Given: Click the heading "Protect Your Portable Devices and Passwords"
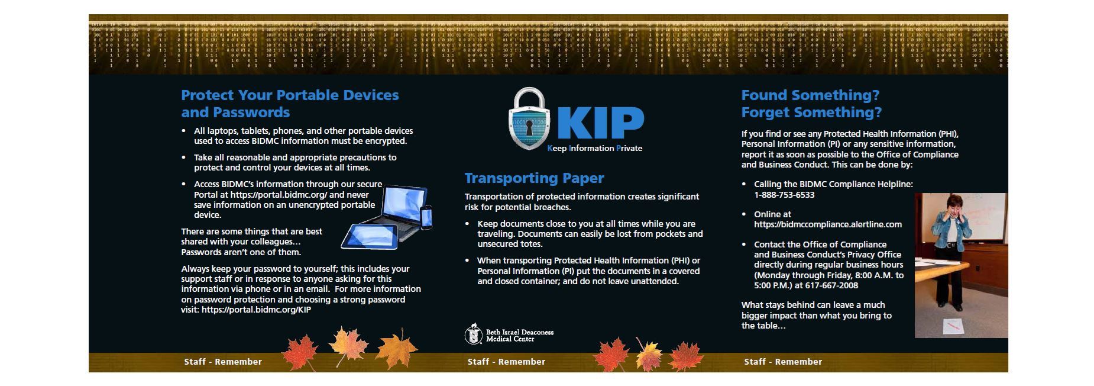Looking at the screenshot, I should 290,104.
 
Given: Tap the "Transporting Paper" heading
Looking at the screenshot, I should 534,178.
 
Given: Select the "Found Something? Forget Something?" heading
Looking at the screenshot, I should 811,104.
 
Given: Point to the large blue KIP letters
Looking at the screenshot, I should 600,123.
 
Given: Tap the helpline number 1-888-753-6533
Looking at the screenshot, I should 784,195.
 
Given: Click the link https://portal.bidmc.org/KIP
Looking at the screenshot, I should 256,310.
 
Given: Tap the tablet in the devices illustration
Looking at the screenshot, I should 369,237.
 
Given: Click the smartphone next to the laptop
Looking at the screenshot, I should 426,217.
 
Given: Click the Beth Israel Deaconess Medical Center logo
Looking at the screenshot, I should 509,334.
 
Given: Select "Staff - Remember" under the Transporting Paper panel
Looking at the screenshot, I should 506,362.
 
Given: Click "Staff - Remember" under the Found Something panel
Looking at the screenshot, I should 783,362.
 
